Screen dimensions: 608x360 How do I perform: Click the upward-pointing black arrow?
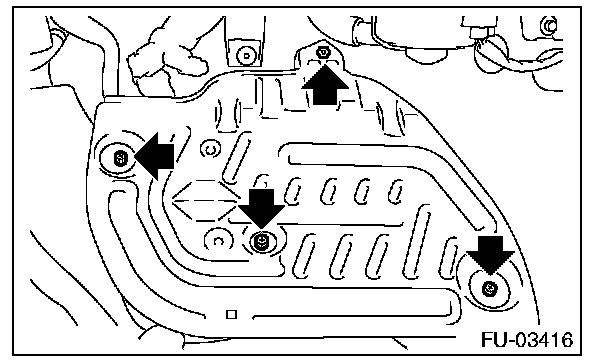325,85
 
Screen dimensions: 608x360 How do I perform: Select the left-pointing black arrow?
154,156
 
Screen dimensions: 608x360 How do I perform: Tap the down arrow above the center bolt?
261,208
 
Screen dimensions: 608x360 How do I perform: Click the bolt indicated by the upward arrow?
322,52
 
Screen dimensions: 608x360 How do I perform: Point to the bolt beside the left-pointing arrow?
120,158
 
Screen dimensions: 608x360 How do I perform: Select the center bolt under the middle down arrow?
261,241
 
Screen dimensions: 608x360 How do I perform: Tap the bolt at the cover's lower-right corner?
489,289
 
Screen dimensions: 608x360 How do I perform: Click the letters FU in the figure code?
494,340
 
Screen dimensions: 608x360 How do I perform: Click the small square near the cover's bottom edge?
231,314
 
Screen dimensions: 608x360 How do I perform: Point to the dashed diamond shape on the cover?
205,201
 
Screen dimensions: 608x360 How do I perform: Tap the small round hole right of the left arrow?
211,149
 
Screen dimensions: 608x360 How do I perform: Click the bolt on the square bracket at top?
246,56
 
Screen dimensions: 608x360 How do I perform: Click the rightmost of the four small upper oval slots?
396,191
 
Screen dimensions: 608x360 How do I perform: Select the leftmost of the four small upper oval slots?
293,191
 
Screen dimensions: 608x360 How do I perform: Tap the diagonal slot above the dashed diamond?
237,158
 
